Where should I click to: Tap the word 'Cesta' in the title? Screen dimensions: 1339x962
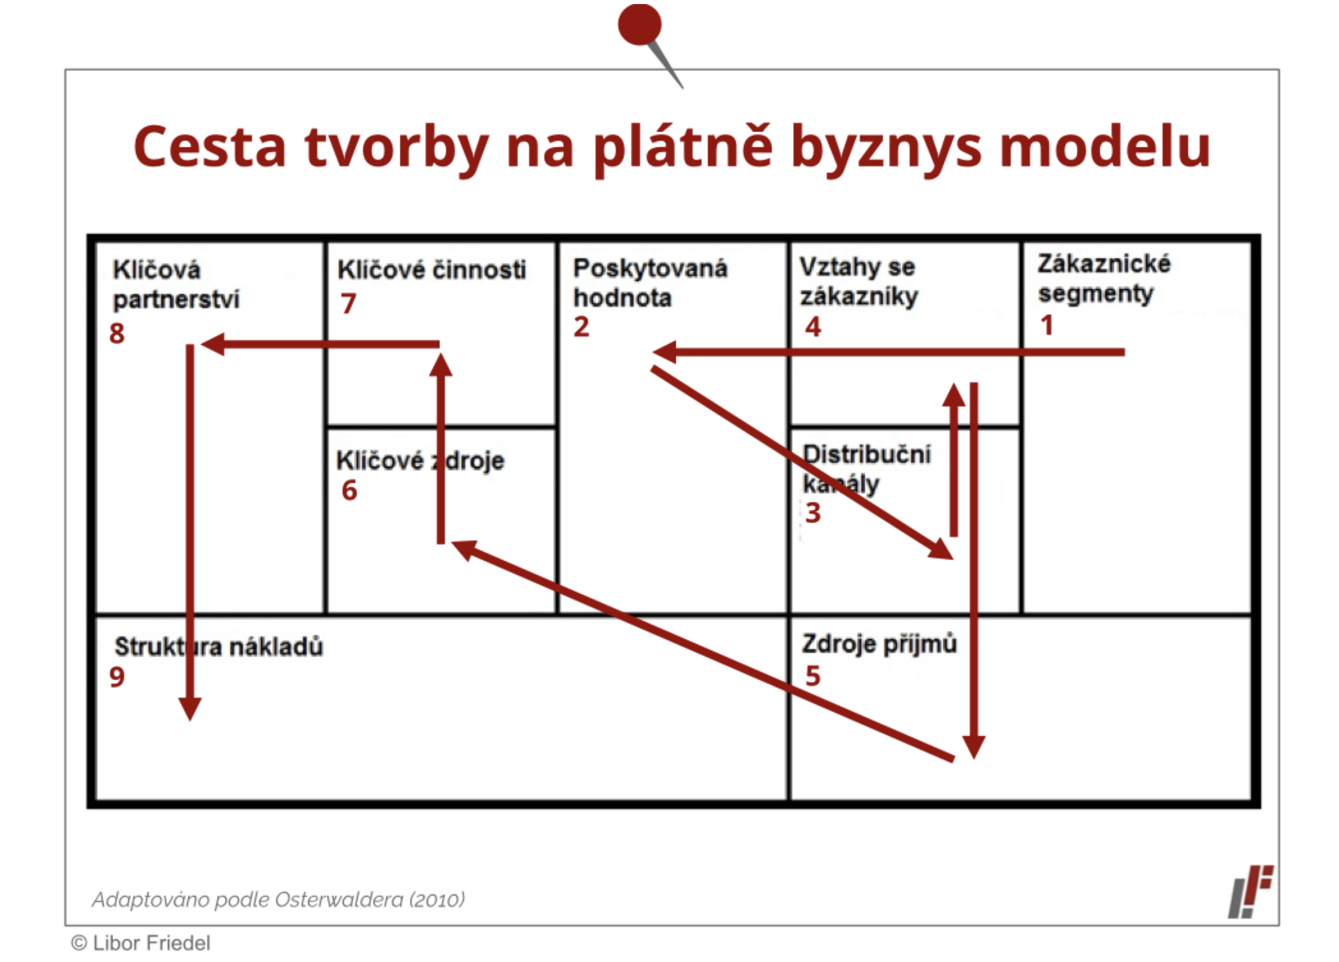(210, 146)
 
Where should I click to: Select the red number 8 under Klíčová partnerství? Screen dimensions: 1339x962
(117, 333)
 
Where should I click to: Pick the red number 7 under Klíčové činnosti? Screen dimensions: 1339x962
(348, 303)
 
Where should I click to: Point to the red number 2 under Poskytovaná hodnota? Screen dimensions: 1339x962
(582, 326)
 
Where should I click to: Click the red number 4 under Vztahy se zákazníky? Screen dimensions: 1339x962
(813, 326)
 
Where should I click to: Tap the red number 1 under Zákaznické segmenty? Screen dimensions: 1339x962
(1047, 325)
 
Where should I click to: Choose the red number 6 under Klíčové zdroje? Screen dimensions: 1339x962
(349, 490)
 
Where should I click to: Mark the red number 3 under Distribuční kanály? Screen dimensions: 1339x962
(813, 512)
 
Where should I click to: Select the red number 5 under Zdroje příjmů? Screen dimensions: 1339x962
(813, 675)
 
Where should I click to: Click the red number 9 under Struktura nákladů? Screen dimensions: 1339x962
(117, 676)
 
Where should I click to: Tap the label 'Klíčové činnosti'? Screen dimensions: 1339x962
(432, 270)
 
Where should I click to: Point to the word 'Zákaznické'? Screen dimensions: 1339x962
(1104, 264)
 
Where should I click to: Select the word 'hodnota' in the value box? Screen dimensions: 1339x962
(622, 297)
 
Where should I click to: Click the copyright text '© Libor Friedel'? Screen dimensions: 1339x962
(140, 943)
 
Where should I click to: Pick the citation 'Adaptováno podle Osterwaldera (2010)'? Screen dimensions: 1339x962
(278, 900)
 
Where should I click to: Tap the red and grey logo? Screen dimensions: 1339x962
(1251, 892)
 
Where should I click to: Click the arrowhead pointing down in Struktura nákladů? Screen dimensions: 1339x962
(190, 709)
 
